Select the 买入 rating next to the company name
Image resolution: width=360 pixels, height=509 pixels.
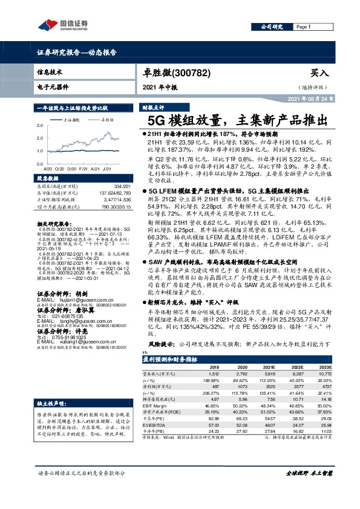tap(319, 72)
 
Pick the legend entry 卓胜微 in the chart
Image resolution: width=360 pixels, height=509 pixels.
tap(106, 120)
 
